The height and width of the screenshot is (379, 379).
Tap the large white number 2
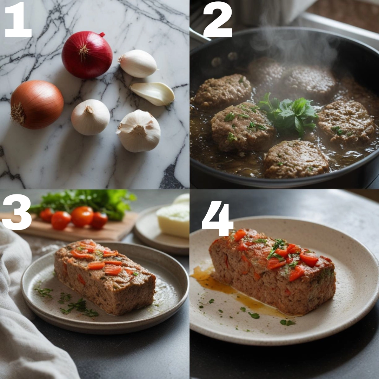218,19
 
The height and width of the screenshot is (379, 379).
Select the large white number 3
17,212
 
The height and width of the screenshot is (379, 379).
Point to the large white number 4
217,218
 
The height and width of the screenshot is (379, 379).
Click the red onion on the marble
87,55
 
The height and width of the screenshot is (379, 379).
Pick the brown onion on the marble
37,105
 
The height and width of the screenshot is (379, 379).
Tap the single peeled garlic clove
153,94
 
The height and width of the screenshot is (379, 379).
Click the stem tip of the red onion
102,34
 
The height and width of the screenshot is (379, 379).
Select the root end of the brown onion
18,113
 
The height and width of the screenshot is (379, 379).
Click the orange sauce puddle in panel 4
232,290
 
